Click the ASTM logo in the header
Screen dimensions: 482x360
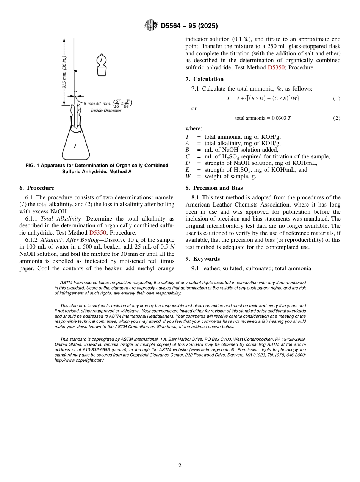pyautogui.click(x=151, y=26)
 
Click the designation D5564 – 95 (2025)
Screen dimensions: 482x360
pyautogui.click(x=189, y=26)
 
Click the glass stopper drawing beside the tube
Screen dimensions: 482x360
pyautogui.click(x=101, y=65)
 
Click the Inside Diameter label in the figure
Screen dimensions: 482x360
pyautogui.click(x=106, y=111)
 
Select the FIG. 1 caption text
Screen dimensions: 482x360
pyautogui.click(x=97, y=168)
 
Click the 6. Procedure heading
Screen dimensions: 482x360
pyautogui.click(x=37, y=188)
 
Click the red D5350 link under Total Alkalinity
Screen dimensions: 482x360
pyautogui.click(x=97, y=233)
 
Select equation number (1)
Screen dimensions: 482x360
pyautogui.click(x=337, y=99)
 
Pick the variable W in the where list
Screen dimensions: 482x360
pyautogui.click(x=187, y=176)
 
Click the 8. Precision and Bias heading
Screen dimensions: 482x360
pyautogui.click(x=214, y=188)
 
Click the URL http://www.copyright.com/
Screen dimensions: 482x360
pyautogui.click(x=79, y=360)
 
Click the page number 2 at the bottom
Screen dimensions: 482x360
pyautogui.click(x=180, y=466)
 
